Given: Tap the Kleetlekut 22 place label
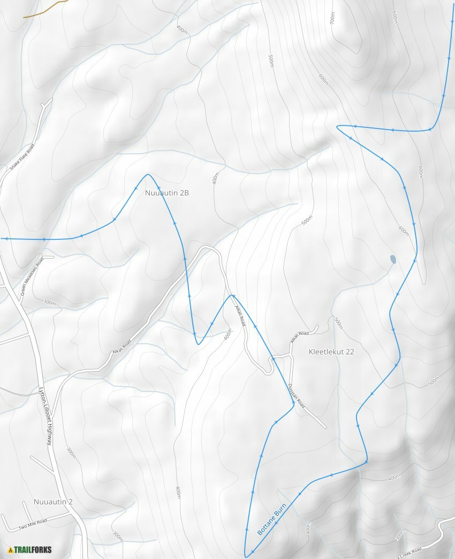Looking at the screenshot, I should tap(331, 352).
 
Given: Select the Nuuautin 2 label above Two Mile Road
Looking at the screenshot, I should tap(53, 502).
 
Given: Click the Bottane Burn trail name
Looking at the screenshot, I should tap(272, 519).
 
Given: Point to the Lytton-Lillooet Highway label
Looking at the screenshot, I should tap(45, 416).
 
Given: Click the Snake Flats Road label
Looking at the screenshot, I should tap(22, 157).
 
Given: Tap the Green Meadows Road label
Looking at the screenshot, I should tap(32, 277).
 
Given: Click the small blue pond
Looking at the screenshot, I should tap(393, 260).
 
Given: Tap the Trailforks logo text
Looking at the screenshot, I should tap(33, 549).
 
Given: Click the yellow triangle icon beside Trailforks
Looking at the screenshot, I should tap(10, 549).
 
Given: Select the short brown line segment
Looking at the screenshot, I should tap(45, 9).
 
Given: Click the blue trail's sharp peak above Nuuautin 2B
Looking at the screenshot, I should tap(148, 175).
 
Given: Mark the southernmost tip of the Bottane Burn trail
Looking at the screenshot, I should tap(246, 556).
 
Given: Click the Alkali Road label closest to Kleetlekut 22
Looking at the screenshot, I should tap(299, 337).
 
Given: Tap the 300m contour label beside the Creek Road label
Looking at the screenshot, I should tap(399, 535).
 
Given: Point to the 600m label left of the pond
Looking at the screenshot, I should tap(404, 230).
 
